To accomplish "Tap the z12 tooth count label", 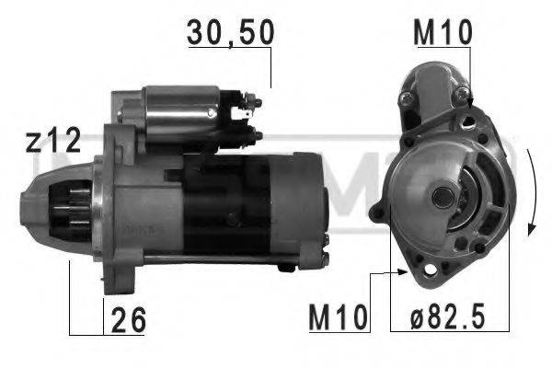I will tap(52, 142).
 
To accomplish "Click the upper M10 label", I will tap(443, 31).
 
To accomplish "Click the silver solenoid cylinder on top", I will tap(185, 108).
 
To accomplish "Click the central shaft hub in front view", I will tap(442, 196).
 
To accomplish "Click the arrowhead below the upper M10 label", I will tap(470, 95).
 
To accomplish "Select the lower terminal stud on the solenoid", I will tap(257, 135).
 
